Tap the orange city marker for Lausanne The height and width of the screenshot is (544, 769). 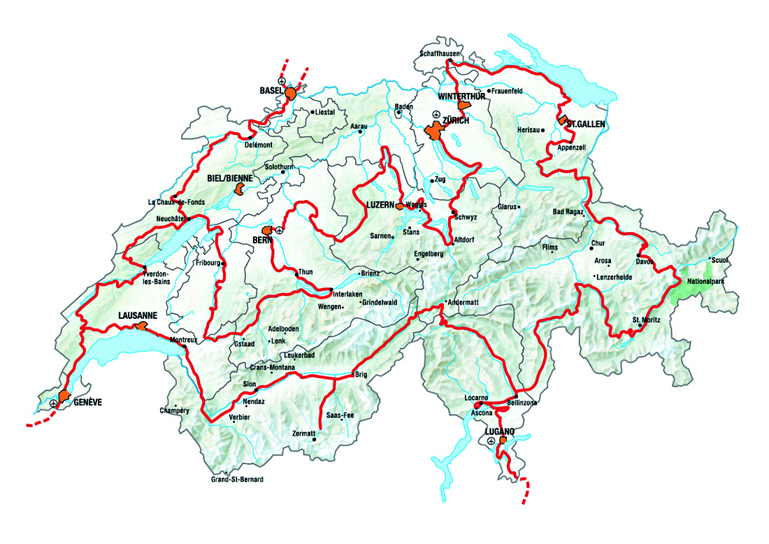point(141,326)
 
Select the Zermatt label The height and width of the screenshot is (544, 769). point(305,434)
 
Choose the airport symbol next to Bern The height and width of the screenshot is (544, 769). point(280,229)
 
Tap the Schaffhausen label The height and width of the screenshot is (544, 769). point(439,53)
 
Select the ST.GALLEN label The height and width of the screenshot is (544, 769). point(587,124)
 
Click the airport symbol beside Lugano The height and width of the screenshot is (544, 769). point(491,442)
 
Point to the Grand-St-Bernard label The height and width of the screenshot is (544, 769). point(237,480)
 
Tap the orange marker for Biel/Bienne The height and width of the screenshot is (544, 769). point(239,189)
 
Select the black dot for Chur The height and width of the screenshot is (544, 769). point(591,248)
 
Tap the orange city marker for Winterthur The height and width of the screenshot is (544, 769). point(463,106)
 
